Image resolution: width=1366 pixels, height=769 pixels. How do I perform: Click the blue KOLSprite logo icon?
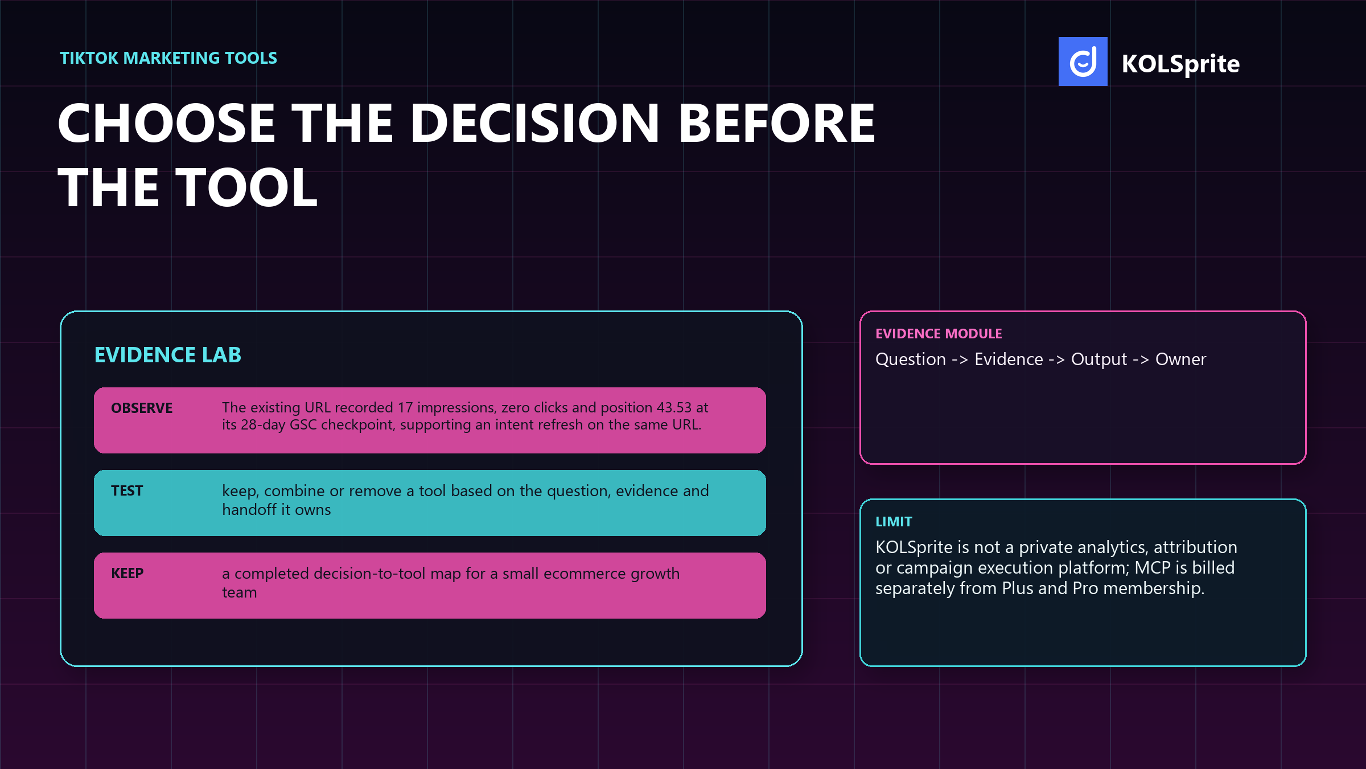point(1083,62)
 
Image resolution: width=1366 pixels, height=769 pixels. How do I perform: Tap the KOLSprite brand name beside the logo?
point(1180,64)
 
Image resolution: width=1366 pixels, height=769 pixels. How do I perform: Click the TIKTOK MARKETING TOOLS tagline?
point(168,58)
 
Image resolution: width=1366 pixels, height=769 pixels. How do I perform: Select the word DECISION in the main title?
point(534,124)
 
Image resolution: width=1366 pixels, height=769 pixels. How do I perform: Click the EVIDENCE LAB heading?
point(168,355)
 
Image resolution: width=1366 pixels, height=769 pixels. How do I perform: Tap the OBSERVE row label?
point(142,408)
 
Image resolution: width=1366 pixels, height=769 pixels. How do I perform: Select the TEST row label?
point(127,491)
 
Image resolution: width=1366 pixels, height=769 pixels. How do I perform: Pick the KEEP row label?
point(127,574)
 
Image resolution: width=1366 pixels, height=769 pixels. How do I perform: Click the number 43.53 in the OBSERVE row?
point(674,408)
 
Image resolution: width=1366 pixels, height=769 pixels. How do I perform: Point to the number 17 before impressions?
point(405,408)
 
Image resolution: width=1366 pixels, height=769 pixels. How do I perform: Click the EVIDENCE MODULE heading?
point(939,334)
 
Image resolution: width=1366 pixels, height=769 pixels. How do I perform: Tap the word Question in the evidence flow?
point(911,359)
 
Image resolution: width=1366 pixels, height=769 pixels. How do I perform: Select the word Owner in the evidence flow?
point(1180,359)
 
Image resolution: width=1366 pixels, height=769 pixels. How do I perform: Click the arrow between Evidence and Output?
point(1057,360)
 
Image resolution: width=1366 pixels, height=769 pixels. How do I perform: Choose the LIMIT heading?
point(894,522)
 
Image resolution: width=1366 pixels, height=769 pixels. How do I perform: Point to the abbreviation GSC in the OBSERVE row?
point(303,425)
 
